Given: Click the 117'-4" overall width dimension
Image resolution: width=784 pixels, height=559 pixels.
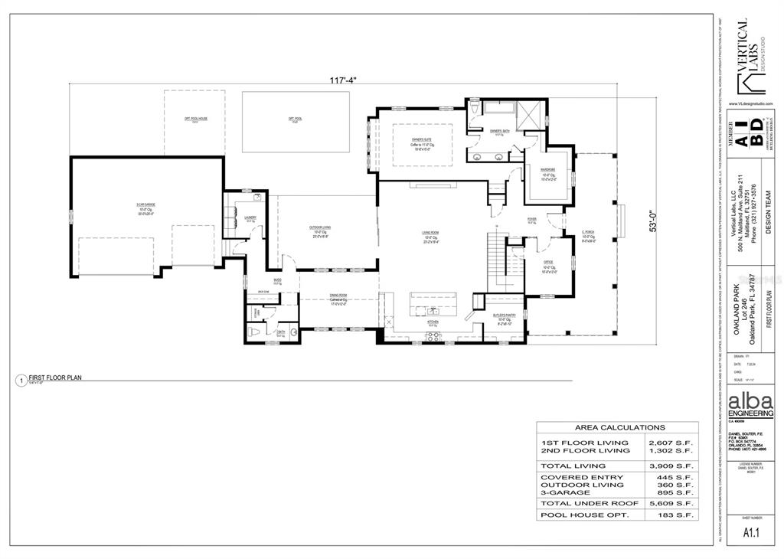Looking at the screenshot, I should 344,79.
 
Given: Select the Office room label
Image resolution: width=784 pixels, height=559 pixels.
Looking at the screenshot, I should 547,265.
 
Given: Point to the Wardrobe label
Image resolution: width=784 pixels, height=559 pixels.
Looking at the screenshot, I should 547,170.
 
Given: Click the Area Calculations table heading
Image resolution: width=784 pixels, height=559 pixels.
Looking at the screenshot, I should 620,427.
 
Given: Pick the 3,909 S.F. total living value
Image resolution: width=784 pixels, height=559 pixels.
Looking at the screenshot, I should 670,466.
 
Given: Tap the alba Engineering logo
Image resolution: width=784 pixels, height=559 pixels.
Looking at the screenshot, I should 750,404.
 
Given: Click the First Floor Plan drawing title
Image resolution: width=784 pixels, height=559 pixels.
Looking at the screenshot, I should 55,378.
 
